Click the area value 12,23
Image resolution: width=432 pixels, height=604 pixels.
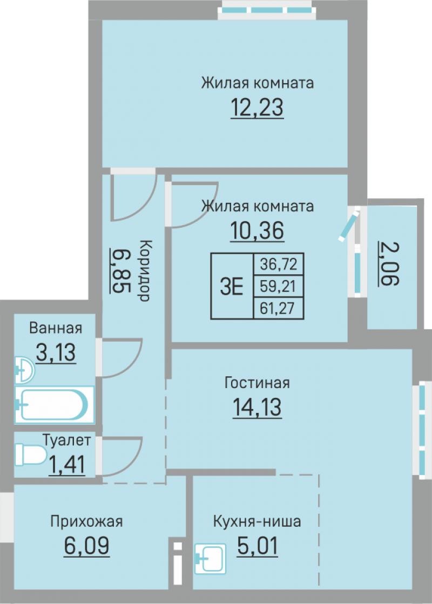pyautogui.click(x=257, y=107)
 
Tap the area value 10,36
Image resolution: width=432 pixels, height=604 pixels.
pyautogui.click(x=257, y=230)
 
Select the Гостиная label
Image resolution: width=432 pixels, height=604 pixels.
pyautogui.click(x=257, y=383)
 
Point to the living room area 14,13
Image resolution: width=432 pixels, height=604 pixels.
pyautogui.click(x=257, y=408)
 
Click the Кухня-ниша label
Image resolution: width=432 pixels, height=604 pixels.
pyautogui.click(x=257, y=521)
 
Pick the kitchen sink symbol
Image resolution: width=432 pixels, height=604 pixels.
pyautogui.click(x=211, y=559)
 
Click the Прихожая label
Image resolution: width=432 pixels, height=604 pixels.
pyautogui.click(x=87, y=521)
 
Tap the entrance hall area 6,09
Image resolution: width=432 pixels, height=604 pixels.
pyautogui.click(x=87, y=546)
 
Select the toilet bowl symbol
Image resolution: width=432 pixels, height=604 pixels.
pyautogui.click(x=30, y=455)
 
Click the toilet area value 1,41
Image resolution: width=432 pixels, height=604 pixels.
pyautogui.click(x=66, y=465)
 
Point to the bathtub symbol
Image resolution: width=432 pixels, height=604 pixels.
pyautogui.click(x=55, y=404)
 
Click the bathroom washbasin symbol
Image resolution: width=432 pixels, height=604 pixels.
pyautogui.click(x=24, y=371)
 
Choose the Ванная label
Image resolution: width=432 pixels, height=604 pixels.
pyautogui.click(x=56, y=328)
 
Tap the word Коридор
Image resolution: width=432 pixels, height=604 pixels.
pyautogui.click(x=144, y=270)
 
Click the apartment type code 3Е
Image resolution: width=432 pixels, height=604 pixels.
pyautogui.click(x=232, y=287)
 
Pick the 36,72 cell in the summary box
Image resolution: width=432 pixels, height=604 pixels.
pyautogui.click(x=279, y=264)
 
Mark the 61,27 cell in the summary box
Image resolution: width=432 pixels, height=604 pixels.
pyautogui.click(x=279, y=308)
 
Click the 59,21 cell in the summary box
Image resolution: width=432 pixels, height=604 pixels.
pyautogui.click(x=279, y=286)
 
